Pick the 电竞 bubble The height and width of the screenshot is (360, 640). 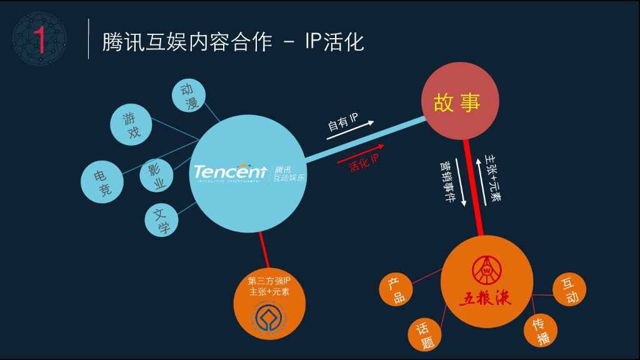coord(102,182)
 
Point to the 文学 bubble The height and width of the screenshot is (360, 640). coord(161,220)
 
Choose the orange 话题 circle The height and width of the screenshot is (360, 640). coord(425,334)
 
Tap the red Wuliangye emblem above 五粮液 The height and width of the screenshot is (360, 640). coord(486,268)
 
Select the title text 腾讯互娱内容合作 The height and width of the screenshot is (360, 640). coord(188,42)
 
